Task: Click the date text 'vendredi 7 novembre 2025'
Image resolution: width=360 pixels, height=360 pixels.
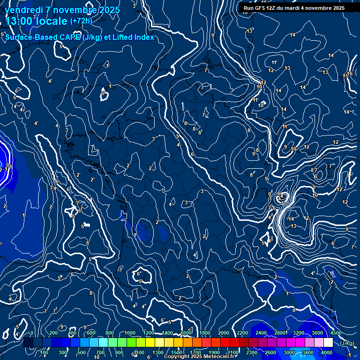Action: [x=63, y=10]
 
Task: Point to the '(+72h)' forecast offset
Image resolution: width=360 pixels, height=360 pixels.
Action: [x=81, y=21]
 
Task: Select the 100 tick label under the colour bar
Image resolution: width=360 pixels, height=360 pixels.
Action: [x=45, y=352]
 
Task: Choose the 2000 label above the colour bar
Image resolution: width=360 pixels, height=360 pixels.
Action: [x=224, y=333]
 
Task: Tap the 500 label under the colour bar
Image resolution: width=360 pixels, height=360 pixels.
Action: [x=82, y=352]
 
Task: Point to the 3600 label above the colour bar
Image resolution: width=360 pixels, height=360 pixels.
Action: [x=317, y=333]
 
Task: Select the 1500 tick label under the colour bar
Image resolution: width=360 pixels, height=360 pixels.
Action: [x=176, y=352]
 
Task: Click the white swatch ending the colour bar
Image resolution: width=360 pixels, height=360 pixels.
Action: [x=328, y=343]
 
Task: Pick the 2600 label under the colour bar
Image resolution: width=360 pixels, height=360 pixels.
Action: [x=271, y=352]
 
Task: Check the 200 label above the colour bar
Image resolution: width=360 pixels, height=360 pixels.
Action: [x=53, y=333]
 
